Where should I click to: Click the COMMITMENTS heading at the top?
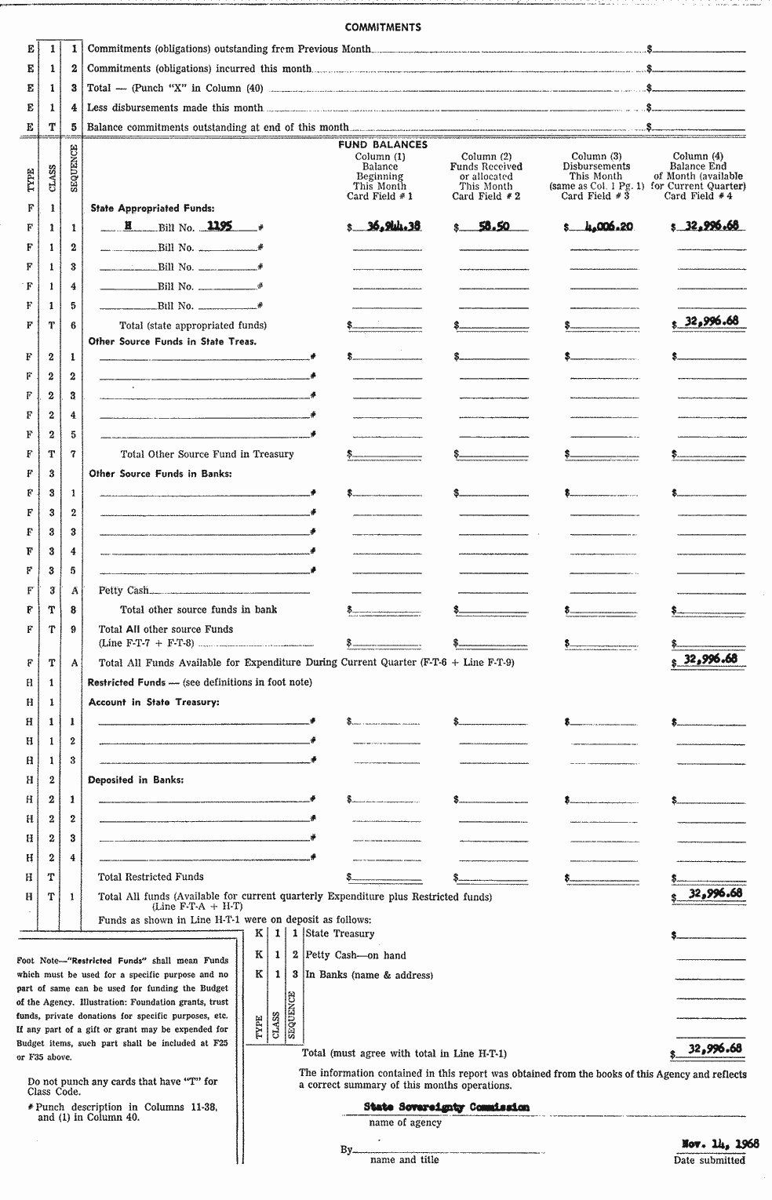click(x=383, y=27)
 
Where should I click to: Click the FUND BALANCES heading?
click(x=383, y=145)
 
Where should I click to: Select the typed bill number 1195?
click(x=220, y=226)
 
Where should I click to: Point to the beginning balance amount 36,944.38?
click(x=393, y=226)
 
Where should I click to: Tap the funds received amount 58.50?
click(x=493, y=226)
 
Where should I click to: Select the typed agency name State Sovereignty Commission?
click(x=446, y=1107)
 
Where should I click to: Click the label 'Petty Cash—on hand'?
click(x=355, y=955)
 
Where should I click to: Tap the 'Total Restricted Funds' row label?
click(x=151, y=877)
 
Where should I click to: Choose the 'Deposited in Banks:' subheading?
click(x=136, y=780)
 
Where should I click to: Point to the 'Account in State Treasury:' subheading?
click(x=154, y=702)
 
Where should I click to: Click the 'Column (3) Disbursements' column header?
click(x=596, y=162)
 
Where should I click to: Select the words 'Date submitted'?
click(x=708, y=1160)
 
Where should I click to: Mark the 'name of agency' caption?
click(x=405, y=1122)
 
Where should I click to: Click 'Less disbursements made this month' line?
click(x=175, y=107)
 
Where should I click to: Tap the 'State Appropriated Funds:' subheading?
click(x=152, y=209)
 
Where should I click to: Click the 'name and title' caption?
click(x=404, y=1159)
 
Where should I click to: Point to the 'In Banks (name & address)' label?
click(x=369, y=975)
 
